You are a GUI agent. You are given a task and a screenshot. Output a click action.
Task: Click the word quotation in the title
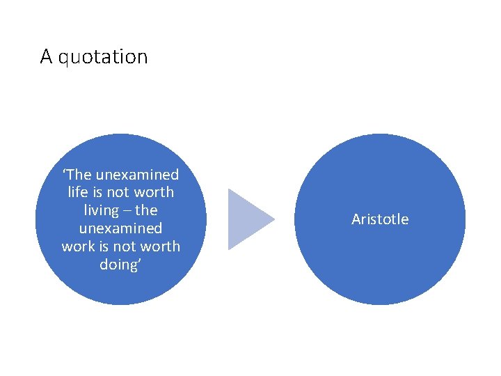(x=103, y=57)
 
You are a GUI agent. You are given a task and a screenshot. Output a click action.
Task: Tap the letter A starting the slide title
(x=47, y=56)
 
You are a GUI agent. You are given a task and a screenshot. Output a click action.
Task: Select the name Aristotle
(x=380, y=219)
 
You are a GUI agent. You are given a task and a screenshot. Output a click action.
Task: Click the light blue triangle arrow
(x=248, y=219)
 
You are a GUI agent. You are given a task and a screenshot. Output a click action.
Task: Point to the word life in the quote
(x=78, y=192)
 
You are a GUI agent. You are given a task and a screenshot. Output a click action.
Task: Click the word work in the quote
(x=77, y=246)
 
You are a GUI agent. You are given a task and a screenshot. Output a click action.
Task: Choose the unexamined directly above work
(x=121, y=228)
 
